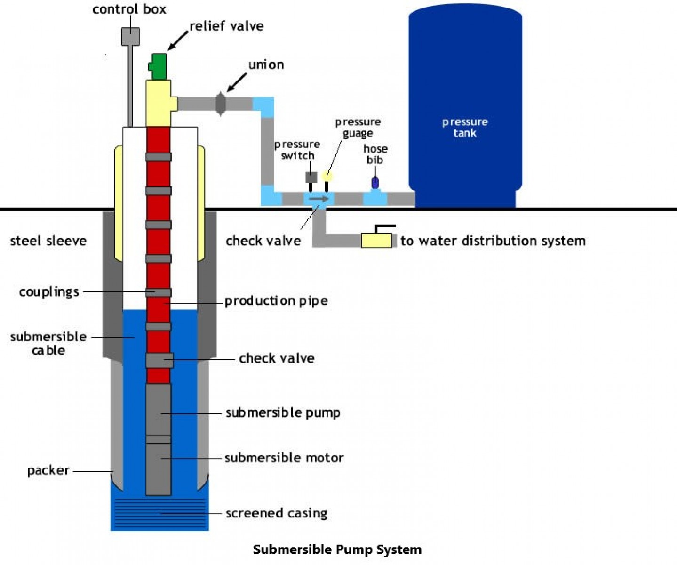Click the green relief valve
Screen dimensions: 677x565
click(158, 66)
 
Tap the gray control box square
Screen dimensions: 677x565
click(130, 36)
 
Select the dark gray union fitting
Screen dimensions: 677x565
click(221, 104)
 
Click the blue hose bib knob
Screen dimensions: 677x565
click(375, 182)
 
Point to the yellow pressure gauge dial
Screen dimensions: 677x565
click(327, 177)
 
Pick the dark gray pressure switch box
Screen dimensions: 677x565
click(311, 178)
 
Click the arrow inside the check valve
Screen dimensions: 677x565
click(319, 199)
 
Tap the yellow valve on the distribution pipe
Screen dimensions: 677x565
click(376, 241)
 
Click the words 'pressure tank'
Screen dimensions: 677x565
click(465, 128)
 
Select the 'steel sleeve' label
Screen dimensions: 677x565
click(48, 241)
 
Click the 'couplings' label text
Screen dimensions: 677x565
click(49, 292)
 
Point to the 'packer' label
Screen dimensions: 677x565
click(48, 470)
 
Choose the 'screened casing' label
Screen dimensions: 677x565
click(276, 513)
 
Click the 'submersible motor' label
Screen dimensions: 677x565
click(284, 458)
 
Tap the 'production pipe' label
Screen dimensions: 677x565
click(276, 301)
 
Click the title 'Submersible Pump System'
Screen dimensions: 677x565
click(337, 549)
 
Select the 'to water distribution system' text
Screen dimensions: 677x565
click(493, 241)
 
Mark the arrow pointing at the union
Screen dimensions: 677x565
click(236, 82)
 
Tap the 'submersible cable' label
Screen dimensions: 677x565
click(48, 343)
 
